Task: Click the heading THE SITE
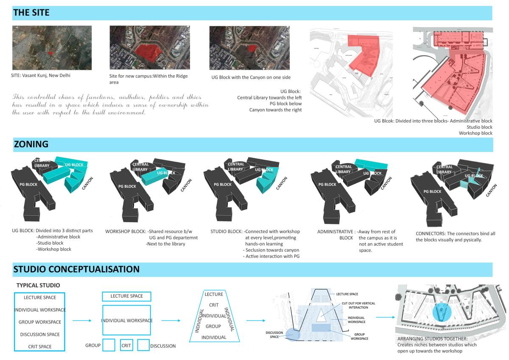click(31, 13)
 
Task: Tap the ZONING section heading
click(31, 144)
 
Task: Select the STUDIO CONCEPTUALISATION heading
click(76, 269)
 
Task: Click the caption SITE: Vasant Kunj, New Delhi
click(41, 76)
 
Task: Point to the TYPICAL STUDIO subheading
click(38, 285)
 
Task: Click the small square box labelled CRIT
click(126, 345)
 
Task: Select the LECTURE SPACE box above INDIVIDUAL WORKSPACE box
click(126, 296)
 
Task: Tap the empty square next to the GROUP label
click(109, 345)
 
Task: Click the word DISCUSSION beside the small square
click(163, 346)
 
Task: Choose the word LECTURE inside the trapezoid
click(214, 294)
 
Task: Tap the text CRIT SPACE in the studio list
click(39, 346)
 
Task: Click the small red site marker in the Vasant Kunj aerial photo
click(50, 53)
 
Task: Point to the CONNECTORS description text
click(456, 236)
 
